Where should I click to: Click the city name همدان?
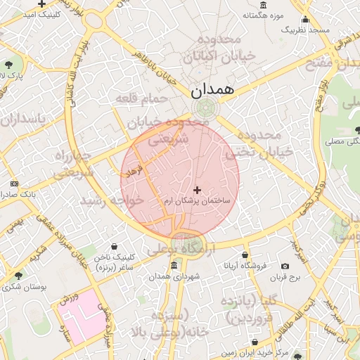click(209, 89)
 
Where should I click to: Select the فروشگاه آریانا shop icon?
click(244, 255)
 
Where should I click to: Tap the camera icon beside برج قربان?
click(285, 266)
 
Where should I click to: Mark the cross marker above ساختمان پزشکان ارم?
click(197, 190)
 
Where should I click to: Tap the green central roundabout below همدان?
click(205, 108)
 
